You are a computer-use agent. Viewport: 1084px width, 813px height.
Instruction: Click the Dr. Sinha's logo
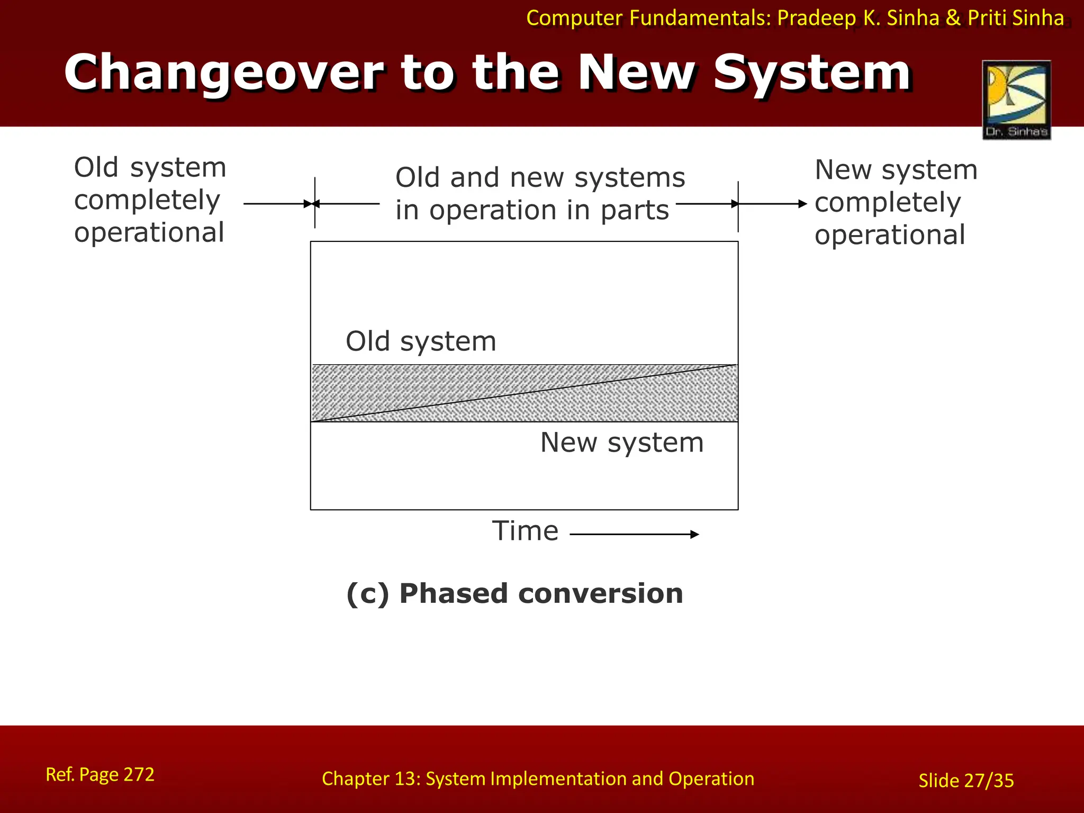[x=1016, y=100]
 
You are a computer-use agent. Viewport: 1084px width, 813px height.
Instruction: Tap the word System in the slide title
[x=812, y=73]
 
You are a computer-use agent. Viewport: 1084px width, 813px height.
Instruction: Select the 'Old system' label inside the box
[x=421, y=341]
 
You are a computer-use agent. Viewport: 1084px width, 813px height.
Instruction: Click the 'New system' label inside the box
[x=622, y=442]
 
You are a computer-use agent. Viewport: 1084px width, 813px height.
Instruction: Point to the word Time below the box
[x=525, y=531]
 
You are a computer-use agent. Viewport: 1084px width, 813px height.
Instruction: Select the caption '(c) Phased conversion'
[x=514, y=593]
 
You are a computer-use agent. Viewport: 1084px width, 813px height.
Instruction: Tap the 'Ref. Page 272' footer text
[x=100, y=774]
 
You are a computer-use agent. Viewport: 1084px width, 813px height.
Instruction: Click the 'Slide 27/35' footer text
[x=966, y=781]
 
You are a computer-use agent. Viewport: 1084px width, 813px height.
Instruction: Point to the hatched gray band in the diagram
[x=524, y=393]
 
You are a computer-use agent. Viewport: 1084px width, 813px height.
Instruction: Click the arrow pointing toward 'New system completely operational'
[x=773, y=204]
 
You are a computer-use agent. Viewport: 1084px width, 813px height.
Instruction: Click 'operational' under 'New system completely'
[x=890, y=235]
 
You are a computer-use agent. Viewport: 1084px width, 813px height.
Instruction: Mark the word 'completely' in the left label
[x=147, y=200]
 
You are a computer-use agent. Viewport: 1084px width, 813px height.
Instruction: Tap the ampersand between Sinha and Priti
[x=953, y=19]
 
